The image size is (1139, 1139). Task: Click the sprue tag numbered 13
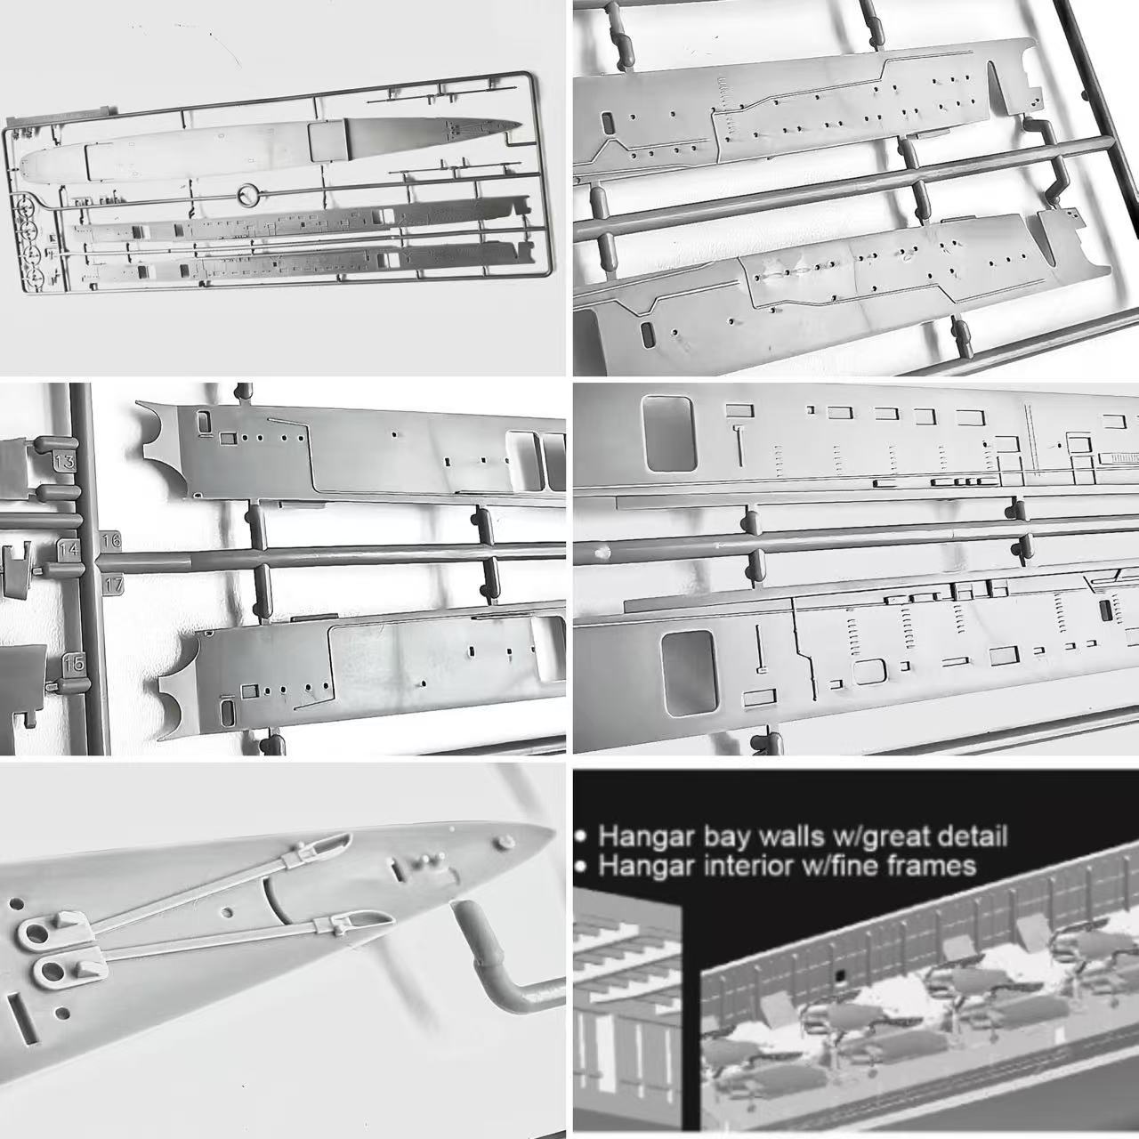64,460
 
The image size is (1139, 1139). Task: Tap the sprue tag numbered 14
69,550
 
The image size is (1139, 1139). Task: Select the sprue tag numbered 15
74,664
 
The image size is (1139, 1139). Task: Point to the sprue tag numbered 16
111,540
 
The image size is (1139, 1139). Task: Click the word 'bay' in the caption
729,837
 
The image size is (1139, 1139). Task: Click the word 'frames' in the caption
930,866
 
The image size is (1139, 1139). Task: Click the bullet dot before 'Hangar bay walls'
583,837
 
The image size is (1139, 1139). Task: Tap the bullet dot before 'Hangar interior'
583,867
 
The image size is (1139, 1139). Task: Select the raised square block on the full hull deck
327,141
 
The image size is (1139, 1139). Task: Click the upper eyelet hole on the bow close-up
36,934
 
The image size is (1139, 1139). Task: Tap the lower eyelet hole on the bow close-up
53,972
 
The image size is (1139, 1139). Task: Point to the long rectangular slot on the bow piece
22,1019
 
